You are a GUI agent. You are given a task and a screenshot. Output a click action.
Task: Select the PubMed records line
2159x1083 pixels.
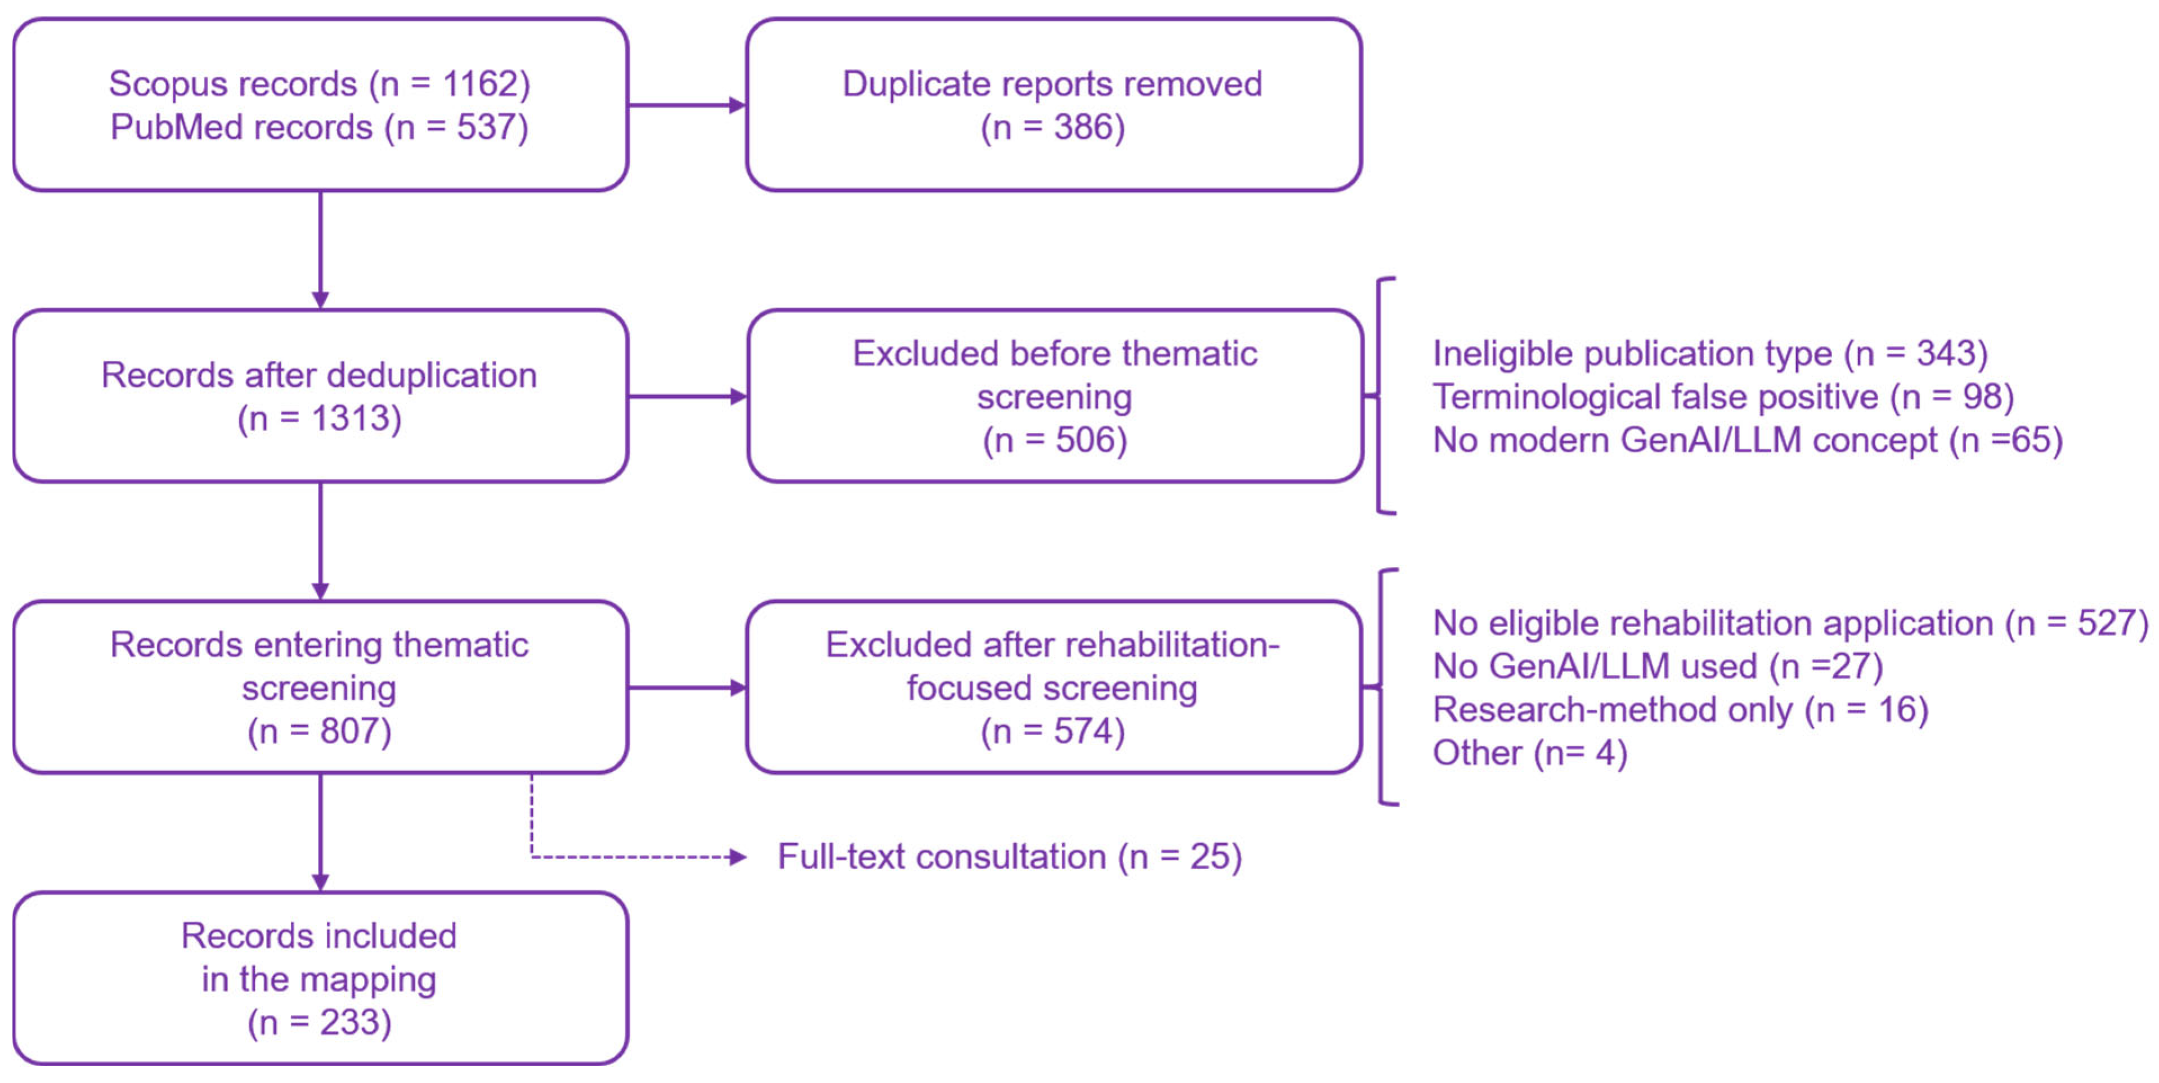pos(320,127)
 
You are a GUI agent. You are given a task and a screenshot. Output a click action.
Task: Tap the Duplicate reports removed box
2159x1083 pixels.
pos(1053,105)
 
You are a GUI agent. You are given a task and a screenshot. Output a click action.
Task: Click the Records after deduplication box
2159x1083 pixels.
pos(320,396)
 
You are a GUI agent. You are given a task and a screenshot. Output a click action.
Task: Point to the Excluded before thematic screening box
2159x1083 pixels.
pos(1055,396)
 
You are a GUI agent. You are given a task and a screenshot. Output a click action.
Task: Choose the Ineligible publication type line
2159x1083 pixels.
pos(1711,353)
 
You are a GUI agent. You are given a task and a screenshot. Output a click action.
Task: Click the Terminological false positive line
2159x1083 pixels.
pos(1723,396)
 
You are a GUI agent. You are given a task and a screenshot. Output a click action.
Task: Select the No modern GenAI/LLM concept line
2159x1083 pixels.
pos(1748,440)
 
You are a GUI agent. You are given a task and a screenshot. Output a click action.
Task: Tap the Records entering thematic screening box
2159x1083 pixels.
pos(320,687)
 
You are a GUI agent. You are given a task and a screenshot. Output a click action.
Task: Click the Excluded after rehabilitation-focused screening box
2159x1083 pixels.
pos(1053,687)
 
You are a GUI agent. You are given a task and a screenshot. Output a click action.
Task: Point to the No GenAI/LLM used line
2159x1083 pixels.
pos(1658,666)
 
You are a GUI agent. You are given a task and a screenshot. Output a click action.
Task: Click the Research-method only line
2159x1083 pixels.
pos(1680,709)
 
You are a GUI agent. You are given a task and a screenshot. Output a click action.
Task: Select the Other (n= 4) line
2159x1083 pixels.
pos(1529,753)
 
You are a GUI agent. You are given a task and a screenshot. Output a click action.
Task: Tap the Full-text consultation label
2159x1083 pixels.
pos(1009,857)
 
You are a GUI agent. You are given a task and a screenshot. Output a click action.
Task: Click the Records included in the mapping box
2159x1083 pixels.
pos(320,978)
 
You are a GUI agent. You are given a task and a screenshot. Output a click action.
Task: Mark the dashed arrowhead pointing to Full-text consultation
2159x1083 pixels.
pos(738,857)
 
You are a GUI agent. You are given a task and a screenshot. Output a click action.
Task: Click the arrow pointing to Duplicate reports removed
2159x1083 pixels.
pos(687,105)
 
